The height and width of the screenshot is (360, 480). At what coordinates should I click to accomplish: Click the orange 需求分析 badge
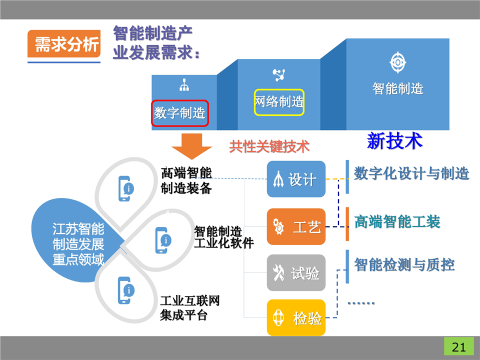click(x=63, y=45)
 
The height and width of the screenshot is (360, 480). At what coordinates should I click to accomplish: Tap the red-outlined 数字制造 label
click(x=179, y=112)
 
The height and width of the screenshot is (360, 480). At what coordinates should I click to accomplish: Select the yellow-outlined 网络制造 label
click(x=279, y=102)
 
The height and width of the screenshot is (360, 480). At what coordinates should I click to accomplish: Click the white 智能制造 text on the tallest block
click(x=398, y=88)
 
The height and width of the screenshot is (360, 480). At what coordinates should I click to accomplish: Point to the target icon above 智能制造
click(x=398, y=62)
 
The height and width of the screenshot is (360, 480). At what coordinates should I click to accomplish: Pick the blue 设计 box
click(x=296, y=179)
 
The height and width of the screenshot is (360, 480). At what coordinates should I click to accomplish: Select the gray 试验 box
click(x=296, y=273)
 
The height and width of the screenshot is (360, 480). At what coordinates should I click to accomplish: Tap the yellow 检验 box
click(x=296, y=317)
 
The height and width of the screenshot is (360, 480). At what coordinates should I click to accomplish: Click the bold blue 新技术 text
click(x=395, y=141)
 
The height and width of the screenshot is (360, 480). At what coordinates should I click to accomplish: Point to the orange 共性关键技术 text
click(x=269, y=146)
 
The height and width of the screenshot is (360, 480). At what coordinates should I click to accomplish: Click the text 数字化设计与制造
click(x=411, y=173)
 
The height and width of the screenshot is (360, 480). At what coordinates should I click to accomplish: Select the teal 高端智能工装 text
click(x=397, y=221)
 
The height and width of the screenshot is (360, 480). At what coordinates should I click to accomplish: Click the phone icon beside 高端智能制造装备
click(x=126, y=188)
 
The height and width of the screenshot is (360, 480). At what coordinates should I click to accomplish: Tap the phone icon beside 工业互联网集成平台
click(x=125, y=290)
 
